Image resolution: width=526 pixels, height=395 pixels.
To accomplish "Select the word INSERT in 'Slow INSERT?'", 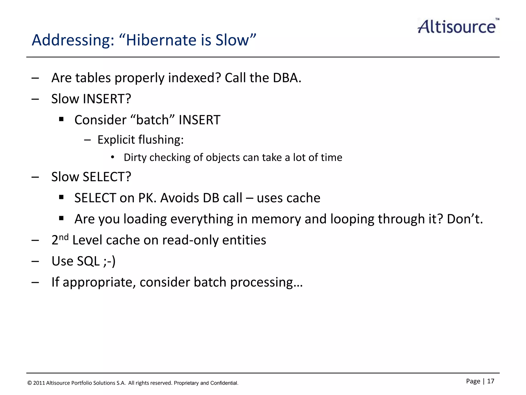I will pos(107,99).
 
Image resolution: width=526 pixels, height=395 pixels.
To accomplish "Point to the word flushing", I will pos(161,140).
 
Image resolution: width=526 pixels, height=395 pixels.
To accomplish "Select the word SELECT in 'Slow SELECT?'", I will pos(107,177).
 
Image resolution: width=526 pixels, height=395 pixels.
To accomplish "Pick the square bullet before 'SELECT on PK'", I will pos(61,197).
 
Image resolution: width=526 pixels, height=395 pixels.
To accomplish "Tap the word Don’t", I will pos(465,219).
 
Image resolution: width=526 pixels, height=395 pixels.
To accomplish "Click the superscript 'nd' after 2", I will pos(63,237).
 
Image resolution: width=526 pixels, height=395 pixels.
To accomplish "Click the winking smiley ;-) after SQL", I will pos(109,261).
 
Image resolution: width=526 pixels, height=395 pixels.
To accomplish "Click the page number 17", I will pos(491,381).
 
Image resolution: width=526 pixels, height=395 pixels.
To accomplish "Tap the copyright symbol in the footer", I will pos(30,383).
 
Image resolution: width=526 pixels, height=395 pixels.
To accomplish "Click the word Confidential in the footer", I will pos(224,383).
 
